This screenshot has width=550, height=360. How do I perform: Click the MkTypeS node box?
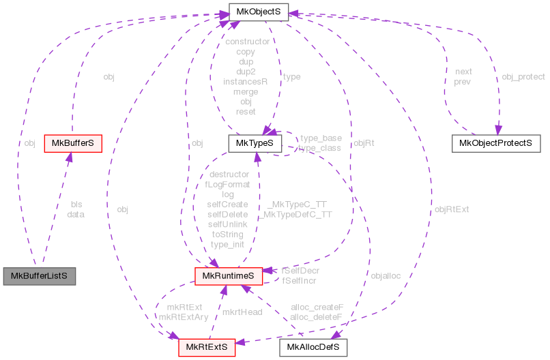click(255, 143)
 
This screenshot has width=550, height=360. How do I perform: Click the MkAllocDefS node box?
click(313, 347)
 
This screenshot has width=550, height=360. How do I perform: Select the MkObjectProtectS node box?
click(495, 143)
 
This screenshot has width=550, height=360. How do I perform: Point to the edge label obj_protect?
click(523, 76)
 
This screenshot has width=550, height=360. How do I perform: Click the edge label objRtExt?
click(452, 209)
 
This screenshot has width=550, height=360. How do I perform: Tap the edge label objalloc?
click(386, 275)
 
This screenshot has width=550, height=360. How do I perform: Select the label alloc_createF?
click(317, 307)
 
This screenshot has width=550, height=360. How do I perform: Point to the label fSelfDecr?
click(300, 271)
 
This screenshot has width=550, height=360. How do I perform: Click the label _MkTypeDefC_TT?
click(296, 213)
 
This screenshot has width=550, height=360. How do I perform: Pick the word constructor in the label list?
click(246, 42)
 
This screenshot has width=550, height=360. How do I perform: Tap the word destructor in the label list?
click(229, 174)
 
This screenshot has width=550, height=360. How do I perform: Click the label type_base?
click(321, 138)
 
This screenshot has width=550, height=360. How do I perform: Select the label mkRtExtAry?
click(183, 316)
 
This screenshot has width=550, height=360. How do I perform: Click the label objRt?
click(364, 143)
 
